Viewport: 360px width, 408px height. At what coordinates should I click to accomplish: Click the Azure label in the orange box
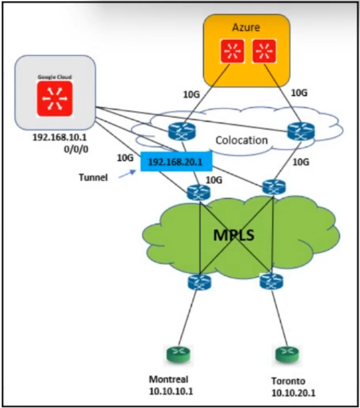tap(246, 27)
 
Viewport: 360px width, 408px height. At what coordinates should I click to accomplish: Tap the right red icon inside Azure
tap(264, 51)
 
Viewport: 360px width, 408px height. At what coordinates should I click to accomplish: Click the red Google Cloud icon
tap(55, 96)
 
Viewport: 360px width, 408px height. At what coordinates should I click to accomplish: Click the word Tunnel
tap(93, 177)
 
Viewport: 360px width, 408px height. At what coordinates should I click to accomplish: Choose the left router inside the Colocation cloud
tap(182, 131)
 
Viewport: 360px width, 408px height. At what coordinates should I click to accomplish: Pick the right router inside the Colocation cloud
tap(301, 131)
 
